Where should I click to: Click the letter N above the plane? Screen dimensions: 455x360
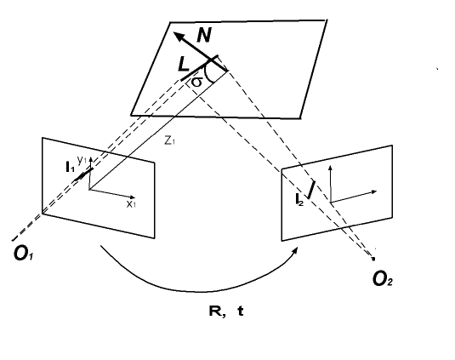(204, 35)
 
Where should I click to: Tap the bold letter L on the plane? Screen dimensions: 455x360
(184, 64)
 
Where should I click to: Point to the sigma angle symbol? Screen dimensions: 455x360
(196, 83)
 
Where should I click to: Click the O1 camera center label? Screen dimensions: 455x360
(24, 254)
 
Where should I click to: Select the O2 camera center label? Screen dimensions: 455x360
(383, 280)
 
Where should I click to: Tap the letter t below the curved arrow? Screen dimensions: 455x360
(241, 311)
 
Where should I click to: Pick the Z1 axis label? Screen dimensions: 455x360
(169, 140)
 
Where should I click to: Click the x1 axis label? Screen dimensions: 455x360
(131, 204)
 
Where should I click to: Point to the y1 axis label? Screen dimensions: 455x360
(82, 159)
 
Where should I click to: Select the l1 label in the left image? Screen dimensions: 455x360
(70, 167)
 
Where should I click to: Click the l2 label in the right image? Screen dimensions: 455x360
(299, 200)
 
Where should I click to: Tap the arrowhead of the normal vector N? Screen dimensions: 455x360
(178, 36)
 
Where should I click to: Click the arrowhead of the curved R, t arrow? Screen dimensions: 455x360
(295, 251)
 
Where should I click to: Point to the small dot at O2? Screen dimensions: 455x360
(373, 258)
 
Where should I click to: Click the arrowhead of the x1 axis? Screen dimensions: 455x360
(133, 197)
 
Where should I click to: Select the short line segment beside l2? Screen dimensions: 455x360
(311, 190)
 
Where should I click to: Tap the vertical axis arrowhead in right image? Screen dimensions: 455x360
(331, 169)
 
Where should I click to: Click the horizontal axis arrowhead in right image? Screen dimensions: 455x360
(374, 191)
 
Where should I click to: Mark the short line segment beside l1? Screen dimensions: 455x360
(84, 174)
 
